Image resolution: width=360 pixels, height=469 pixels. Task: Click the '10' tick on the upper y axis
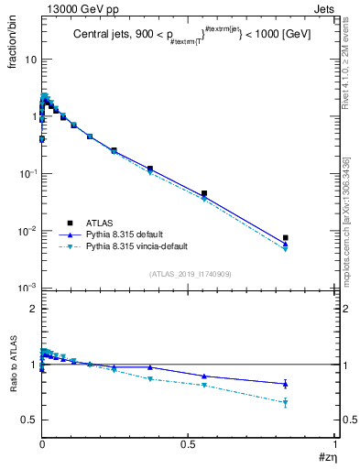click(x=28, y=60)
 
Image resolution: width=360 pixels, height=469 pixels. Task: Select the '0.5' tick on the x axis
click(x=188, y=442)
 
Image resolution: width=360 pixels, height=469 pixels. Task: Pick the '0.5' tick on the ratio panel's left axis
click(x=28, y=420)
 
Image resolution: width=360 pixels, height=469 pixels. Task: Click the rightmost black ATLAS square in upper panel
click(x=286, y=238)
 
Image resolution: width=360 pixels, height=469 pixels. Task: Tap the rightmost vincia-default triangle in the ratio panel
click(x=286, y=403)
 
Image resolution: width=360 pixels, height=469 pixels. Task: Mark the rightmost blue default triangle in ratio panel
click(x=286, y=384)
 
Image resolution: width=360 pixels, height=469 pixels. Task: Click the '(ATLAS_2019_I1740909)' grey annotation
click(x=190, y=273)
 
